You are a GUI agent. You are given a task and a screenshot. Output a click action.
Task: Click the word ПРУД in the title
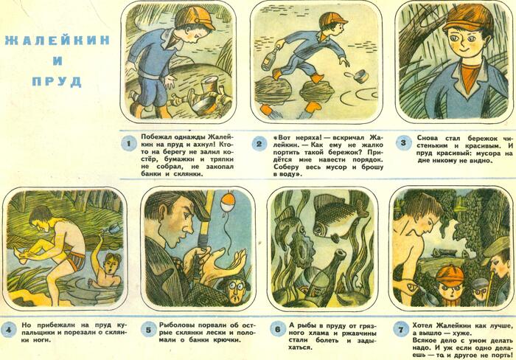click(57, 81)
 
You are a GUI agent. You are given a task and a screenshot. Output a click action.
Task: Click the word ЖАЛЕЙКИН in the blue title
click(57, 41)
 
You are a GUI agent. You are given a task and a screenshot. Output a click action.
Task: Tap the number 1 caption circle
click(128, 144)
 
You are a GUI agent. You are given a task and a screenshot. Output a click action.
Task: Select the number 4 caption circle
click(9, 330)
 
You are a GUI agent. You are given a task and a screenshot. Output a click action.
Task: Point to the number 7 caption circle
click(401, 330)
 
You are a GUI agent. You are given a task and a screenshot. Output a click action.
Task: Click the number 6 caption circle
click(278, 329)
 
